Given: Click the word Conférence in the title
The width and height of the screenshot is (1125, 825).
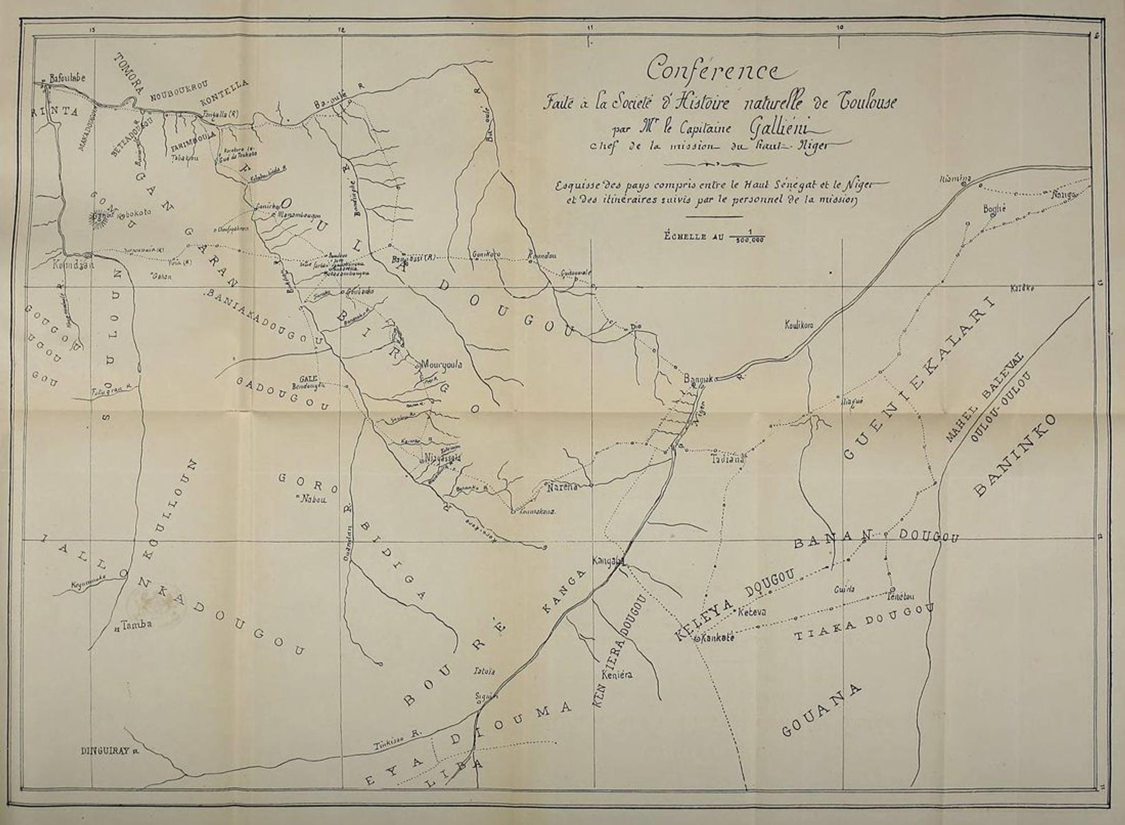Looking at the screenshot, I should click(713, 70).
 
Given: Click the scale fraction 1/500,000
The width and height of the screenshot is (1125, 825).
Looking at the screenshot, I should click(747, 237).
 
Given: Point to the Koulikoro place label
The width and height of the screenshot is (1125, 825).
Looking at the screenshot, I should click(798, 326).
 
